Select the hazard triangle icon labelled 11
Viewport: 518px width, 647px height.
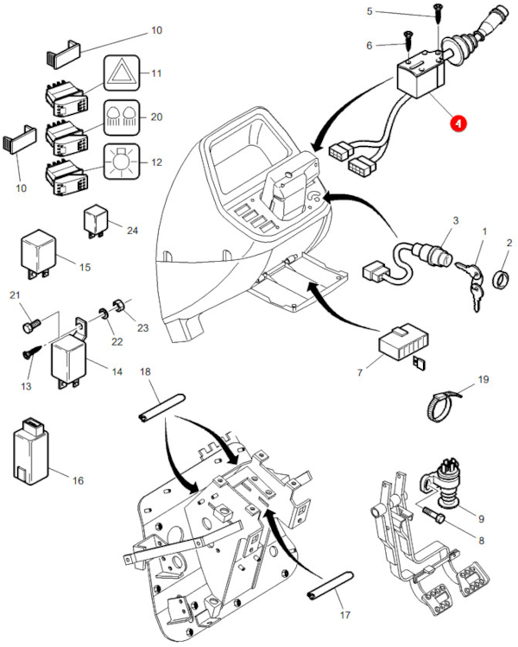pos(120,73)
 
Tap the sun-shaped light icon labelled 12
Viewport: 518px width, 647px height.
pos(120,161)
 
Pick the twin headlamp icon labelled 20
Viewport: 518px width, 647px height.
pos(120,117)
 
